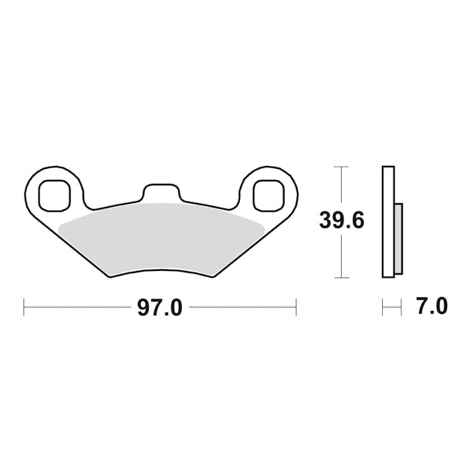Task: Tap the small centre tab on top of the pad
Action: coord(161,193)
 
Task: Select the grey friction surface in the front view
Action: coord(162,239)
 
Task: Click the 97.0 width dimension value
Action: coord(160,307)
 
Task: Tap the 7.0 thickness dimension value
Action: coord(431,307)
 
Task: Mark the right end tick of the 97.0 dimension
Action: coord(296,307)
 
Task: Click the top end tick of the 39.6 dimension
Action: coord(340,166)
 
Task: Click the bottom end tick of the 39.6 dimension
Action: coord(340,277)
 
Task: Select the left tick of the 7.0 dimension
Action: coord(383,307)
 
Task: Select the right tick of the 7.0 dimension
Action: coord(402,307)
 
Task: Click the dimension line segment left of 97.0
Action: coord(77,307)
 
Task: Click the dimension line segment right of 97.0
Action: coord(243,307)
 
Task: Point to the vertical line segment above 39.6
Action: coord(340,185)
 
